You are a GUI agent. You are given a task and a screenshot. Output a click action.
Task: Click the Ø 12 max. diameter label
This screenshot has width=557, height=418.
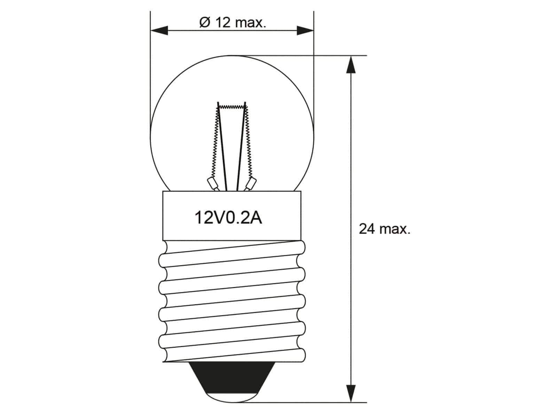coord(233,23)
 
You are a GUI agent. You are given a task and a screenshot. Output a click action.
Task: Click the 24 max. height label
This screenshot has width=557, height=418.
coord(384,229)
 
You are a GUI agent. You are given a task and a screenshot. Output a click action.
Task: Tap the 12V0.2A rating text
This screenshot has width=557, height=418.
coord(228,218)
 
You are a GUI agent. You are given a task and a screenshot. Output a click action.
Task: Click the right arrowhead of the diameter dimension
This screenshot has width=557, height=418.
coord(305,30)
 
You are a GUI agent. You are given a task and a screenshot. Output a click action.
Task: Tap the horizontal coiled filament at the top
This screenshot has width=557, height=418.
coord(232,106)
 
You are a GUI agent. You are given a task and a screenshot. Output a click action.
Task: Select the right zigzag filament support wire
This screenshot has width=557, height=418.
coord(248,143)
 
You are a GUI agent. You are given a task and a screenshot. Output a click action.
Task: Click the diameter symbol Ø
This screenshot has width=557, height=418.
coord(205,23)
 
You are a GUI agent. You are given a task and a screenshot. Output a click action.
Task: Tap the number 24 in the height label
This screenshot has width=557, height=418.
coord(367,229)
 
